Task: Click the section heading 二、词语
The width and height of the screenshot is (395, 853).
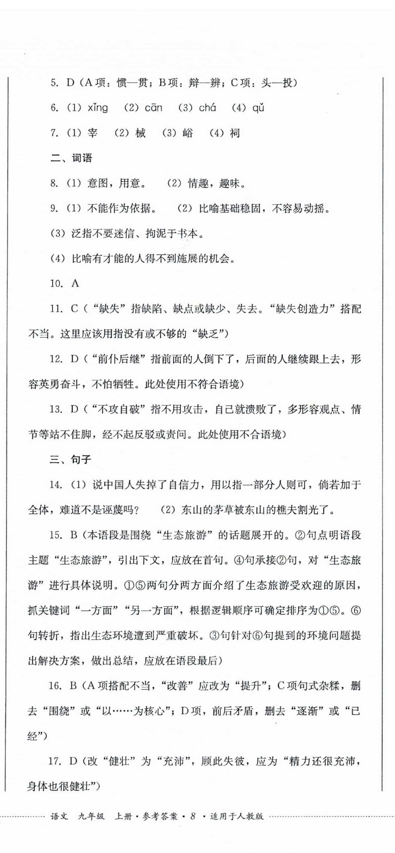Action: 71,158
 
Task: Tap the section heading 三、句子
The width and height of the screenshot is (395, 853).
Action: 70,460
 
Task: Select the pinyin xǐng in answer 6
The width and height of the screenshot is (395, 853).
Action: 98,108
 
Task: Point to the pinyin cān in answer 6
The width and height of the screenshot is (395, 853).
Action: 153,108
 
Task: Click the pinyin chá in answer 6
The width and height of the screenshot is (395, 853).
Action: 207,108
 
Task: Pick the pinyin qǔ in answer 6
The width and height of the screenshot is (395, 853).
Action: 258,108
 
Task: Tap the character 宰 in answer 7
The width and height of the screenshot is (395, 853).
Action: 92,133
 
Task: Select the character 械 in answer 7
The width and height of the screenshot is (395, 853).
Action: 140,133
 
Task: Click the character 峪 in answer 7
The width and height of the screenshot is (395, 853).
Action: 187,133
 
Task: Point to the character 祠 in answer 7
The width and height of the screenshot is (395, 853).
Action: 234,133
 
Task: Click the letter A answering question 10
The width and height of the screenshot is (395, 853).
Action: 75,284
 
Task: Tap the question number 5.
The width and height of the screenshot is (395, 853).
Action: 54,83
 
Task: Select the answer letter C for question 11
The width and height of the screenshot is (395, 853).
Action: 74,309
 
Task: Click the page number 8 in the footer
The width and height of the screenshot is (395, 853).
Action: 192,816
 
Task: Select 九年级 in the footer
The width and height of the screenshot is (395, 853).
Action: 91,816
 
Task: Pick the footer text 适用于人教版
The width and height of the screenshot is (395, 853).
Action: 237,816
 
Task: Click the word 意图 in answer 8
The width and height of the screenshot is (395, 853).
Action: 97,183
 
